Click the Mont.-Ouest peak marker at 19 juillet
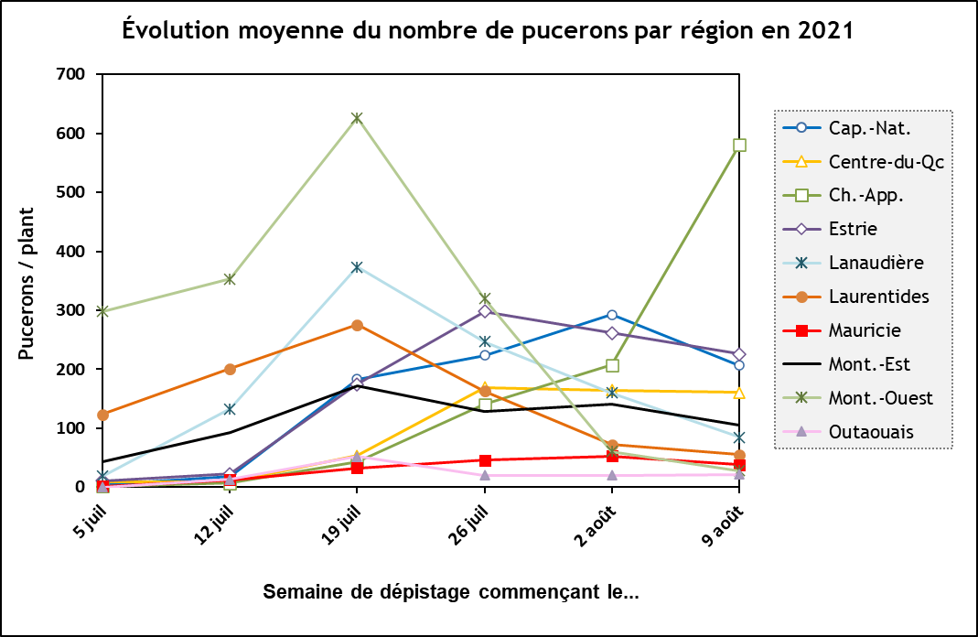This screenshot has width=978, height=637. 357,118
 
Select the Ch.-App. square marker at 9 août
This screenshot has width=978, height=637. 739,146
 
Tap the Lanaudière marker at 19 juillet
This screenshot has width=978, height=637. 357,267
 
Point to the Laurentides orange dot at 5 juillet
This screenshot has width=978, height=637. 102,415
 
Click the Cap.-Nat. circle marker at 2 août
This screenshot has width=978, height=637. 612,315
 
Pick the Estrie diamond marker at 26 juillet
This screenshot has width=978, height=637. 485,311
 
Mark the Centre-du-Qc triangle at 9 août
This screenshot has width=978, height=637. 739,393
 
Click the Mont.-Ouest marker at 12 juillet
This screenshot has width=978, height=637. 230,279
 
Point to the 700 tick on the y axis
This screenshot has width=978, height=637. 70,74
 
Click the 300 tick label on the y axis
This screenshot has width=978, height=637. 70,310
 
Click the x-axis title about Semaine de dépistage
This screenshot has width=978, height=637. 450,591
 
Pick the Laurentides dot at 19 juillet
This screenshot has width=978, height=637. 357,325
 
